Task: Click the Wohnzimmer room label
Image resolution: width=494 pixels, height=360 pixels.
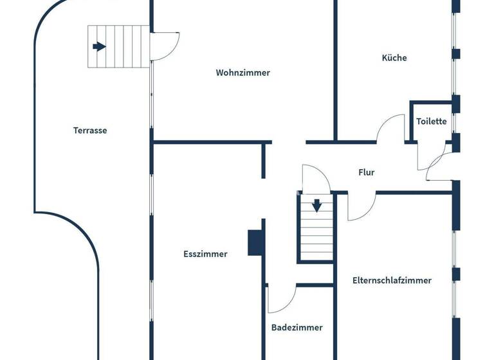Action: tap(242, 73)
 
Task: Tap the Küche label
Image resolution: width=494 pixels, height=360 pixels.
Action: tap(394, 58)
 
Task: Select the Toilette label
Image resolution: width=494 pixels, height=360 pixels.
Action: tap(431, 122)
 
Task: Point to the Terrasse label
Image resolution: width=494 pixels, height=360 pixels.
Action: tap(90, 130)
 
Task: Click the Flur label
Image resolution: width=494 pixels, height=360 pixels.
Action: tap(366, 172)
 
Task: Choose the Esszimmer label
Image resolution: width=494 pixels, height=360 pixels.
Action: tap(205, 254)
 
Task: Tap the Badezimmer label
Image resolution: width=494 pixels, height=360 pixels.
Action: tap(297, 327)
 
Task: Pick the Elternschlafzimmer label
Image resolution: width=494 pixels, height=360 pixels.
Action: tap(392, 280)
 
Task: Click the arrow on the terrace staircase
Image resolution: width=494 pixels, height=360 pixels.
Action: tap(99, 46)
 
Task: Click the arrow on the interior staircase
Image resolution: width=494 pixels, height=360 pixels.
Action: tap(316, 206)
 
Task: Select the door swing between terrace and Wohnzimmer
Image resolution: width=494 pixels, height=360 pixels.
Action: tap(163, 46)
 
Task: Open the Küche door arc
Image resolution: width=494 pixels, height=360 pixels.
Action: tap(390, 127)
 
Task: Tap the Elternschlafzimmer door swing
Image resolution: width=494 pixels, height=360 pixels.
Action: tap(360, 207)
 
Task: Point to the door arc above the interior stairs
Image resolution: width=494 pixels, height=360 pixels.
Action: tap(316, 178)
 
